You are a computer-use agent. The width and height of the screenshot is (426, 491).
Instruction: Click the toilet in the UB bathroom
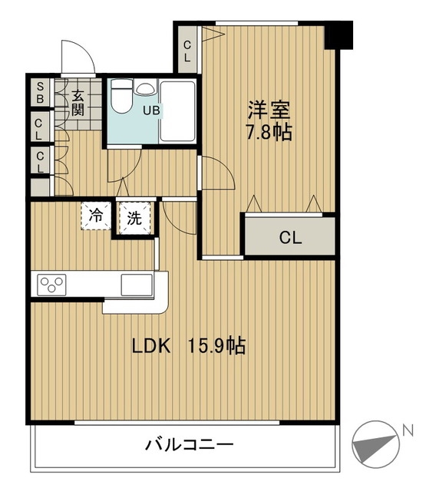[x=121, y=96]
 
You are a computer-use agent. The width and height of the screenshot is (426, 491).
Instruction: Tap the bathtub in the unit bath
[x=177, y=110]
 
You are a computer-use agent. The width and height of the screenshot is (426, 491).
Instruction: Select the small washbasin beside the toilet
[x=144, y=87]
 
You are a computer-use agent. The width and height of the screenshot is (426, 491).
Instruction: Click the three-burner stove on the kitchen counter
[x=51, y=285]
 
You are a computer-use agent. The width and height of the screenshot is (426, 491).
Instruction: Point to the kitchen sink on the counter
[x=137, y=285]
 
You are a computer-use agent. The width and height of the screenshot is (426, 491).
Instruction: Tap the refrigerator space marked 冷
[x=96, y=216]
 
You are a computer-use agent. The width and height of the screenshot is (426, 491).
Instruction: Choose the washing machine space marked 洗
[x=134, y=218]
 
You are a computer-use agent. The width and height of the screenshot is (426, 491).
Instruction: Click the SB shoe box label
[x=40, y=92]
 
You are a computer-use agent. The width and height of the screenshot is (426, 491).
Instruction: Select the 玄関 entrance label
[x=78, y=103]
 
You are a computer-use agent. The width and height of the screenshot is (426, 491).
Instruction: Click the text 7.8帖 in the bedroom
[x=269, y=132]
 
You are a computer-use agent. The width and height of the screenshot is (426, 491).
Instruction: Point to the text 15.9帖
[x=216, y=346]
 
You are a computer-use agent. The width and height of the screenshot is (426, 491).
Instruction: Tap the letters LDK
[x=151, y=346]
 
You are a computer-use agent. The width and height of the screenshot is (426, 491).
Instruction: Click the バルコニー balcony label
[x=189, y=445]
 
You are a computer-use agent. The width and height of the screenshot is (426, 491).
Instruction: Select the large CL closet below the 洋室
[x=289, y=236]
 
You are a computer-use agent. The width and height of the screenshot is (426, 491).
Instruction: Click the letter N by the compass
[x=408, y=430]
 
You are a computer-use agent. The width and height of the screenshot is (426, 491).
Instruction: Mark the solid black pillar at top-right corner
[x=338, y=35]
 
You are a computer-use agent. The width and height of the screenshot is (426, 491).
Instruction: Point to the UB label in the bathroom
[x=151, y=110]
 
